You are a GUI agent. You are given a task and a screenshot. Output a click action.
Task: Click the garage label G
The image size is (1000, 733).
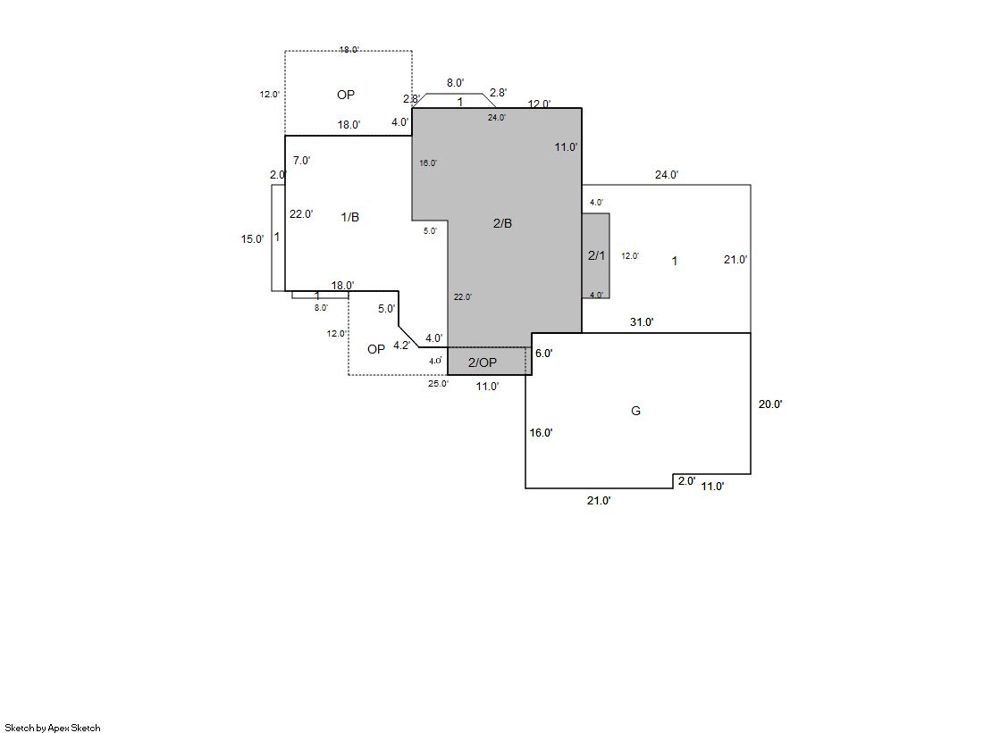point(636,412)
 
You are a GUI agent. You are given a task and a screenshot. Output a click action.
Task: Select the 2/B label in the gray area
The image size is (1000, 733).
point(503,223)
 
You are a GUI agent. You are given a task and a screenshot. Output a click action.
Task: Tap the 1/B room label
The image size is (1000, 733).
point(350,218)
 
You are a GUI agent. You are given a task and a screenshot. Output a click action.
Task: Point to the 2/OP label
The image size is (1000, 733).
point(483,362)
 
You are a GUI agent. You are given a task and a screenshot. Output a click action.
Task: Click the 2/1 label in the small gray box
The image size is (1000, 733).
point(596,256)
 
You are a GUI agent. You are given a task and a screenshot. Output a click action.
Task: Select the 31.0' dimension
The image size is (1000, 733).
point(642,322)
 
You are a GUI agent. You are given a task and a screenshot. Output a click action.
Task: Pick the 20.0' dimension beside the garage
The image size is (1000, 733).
point(770,404)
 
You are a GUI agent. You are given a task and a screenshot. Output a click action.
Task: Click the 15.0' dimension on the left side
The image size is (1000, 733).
point(252,239)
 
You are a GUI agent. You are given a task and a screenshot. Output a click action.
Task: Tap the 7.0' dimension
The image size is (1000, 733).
point(302,161)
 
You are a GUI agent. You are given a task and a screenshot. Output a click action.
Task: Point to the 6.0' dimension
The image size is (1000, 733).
point(544,354)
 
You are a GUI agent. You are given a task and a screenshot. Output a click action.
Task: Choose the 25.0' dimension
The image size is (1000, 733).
point(438,384)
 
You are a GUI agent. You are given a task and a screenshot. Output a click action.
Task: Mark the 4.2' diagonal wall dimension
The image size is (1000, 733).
point(402,345)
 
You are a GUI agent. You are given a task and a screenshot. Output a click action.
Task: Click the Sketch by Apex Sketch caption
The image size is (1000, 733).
point(53,728)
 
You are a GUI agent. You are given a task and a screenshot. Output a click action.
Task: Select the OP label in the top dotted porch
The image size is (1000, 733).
point(346,95)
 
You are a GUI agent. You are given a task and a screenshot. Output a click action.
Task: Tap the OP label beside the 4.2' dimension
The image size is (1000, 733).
point(376,349)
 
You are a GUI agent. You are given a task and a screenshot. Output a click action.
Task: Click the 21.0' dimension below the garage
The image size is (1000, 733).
point(599,501)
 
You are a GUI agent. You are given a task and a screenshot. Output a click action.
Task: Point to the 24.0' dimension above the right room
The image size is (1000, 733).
point(667,175)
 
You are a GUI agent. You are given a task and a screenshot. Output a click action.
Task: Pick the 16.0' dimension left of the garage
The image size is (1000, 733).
point(541,433)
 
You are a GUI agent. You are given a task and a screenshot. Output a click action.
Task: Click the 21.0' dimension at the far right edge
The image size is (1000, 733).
point(735,261)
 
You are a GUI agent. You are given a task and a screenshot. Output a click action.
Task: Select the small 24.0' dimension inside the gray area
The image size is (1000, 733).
point(497,118)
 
